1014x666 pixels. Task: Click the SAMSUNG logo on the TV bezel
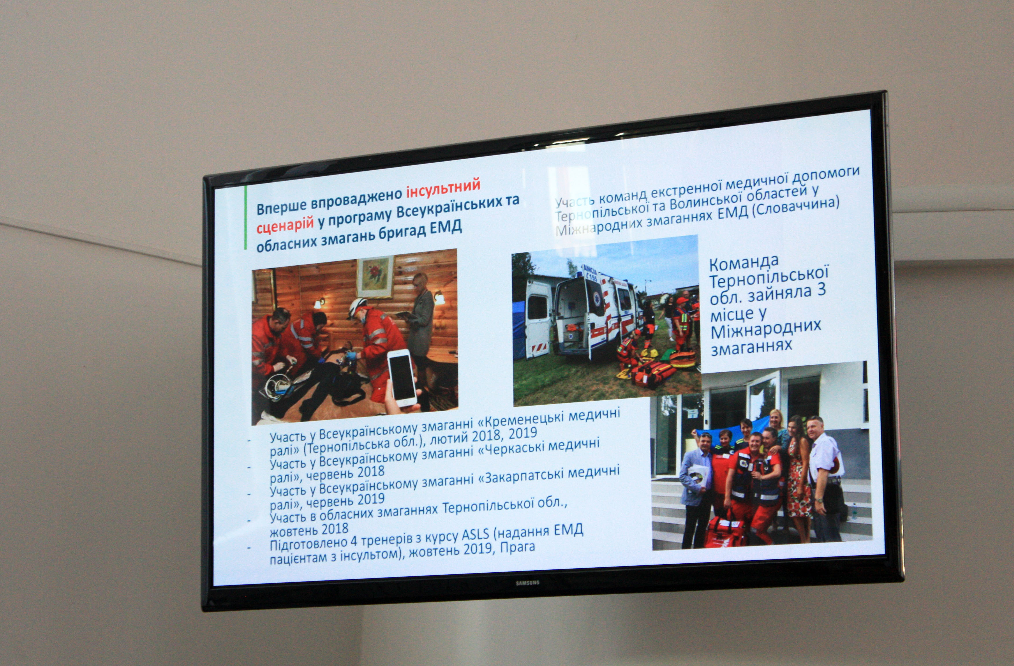coord(528,583)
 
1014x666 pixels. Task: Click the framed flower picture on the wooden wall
coord(375,277)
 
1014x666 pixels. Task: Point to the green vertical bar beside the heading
coord(246,217)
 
